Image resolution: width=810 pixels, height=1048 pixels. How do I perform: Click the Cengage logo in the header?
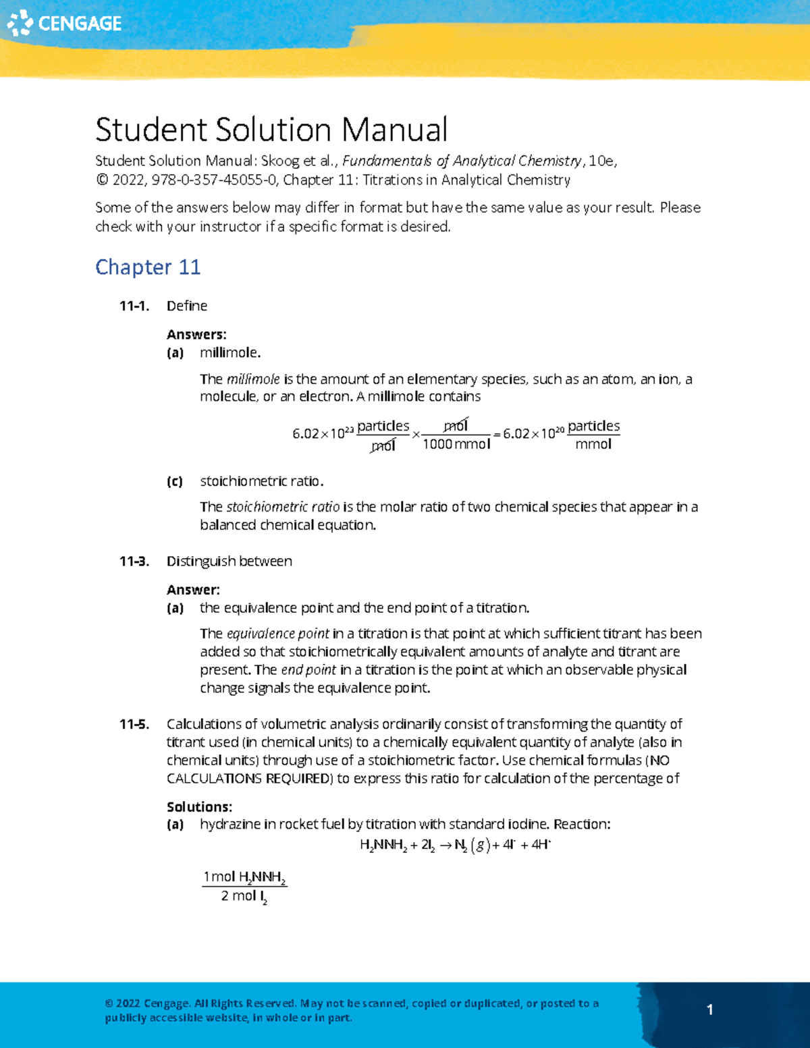pyautogui.click(x=64, y=24)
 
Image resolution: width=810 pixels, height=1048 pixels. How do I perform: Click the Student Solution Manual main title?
pyautogui.click(x=271, y=130)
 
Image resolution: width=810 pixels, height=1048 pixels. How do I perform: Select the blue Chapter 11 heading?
pyautogui.click(x=148, y=267)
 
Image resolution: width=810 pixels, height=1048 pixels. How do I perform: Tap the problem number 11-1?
pyautogui.click(x=134, y=306)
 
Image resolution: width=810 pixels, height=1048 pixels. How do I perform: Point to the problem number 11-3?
pyautogui.click(x=134, y=561)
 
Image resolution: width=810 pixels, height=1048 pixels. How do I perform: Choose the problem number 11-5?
pyautogui.click(x=134, y=724)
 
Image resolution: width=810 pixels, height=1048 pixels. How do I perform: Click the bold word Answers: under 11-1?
pyautogui.click(x=196, y=335)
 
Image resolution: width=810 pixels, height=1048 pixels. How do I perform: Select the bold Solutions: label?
pyautogui.click(x=199, y=807)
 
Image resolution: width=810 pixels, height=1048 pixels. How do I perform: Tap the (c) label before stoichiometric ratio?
pyautogui.click(x=175, y=481)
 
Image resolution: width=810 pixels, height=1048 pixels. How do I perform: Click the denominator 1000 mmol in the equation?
pyautogui.click(x=456, y=444)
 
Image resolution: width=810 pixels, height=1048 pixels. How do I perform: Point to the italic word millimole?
pyautogui.click(x=253, y=379)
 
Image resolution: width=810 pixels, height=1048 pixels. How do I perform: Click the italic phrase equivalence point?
pyautogui.click(x=278, y=634)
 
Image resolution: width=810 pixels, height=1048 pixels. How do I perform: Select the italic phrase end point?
pyautogui.click(x=308, y=670)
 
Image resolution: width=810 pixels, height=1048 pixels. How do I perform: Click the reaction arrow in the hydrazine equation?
pyautogui.click(x=446, y=846)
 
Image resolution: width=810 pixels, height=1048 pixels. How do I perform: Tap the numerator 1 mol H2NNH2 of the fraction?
pyautogui.click(x=244, y=877)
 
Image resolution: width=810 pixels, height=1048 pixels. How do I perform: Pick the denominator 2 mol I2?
pyautogui.click(x=244, y=897)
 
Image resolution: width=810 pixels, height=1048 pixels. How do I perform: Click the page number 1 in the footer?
pyautogui.click(x=709, y=1010)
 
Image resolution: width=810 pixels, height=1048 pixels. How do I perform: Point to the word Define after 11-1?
pyautogui.click(x=187, y=306)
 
